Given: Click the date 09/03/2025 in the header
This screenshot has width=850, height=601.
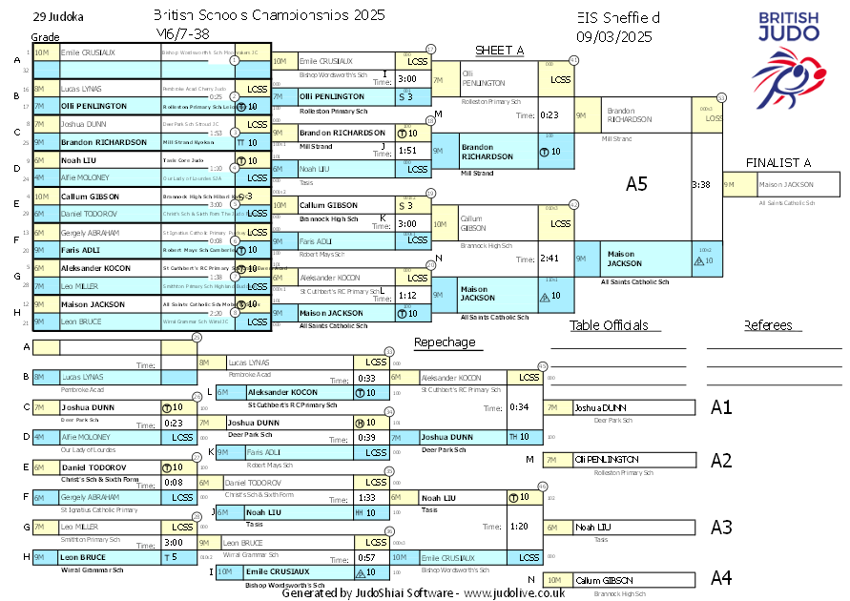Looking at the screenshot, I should tap(614, 36).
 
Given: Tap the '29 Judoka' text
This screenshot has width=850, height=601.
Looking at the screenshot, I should tap(57, 16).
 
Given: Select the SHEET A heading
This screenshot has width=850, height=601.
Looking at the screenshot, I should tap(500, 51).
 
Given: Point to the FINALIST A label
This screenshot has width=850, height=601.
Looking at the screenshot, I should tap(778, 163).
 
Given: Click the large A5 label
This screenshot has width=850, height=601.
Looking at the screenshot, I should tap(636, 184).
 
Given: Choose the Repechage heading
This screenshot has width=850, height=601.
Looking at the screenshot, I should tap(444, 342).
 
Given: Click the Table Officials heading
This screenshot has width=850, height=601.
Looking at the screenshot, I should tap(609, 325).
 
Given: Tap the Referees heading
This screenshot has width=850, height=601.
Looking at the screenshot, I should tap(774, 325).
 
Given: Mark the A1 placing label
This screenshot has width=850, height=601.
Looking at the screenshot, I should tap(721, 407).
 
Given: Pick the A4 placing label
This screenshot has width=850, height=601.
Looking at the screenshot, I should tap(721, 578).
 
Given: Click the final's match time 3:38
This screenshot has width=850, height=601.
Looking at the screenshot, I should tap(700, 185).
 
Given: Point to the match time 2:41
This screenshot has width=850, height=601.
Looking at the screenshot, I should tap(548, 259).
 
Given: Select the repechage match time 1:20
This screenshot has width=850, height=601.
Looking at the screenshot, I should tap(519, 526).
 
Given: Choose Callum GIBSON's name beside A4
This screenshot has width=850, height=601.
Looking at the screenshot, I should tap(603, 580).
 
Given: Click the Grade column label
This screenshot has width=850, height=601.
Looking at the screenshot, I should tap(45, 36).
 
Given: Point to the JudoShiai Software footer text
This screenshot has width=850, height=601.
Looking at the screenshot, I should tap(423, 592).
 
